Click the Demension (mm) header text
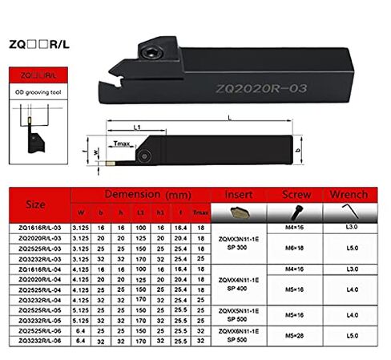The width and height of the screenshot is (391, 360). [x=145, y=195]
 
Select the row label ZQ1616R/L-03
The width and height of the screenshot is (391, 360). [x=39, y=228]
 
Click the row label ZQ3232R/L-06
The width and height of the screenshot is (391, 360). [x=39, y=342]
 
